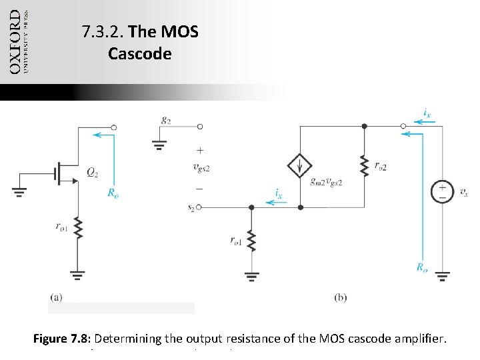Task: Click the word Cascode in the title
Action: coord(139,53)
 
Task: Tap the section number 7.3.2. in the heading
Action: coord(102,31)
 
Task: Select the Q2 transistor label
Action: coord(94,172)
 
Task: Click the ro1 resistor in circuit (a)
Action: coord(78,229)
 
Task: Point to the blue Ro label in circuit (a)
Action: coord(114,193)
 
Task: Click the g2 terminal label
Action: coord(166,120)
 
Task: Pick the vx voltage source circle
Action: coord(442,191)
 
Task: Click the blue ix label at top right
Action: coord(427,114)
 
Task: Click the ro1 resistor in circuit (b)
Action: coord(251,240)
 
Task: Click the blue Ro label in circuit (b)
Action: coord(421,267)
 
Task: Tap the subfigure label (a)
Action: coord(57,297)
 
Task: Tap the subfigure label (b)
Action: coord(340,297)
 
